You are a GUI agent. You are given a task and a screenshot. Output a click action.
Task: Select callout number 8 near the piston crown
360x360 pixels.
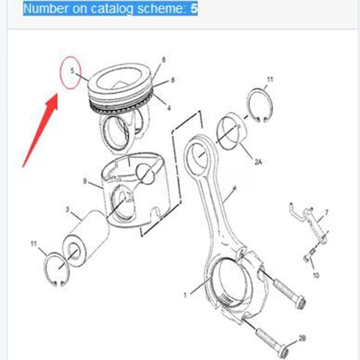pos(164,60)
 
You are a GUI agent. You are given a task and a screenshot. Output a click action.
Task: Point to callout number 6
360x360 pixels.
pos(173,80)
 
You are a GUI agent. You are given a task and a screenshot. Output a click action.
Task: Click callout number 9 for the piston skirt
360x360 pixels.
pos(85,181)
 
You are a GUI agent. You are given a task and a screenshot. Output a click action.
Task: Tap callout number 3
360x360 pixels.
pos(67,209)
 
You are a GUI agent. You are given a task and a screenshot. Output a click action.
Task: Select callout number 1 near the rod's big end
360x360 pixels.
pos(186,295)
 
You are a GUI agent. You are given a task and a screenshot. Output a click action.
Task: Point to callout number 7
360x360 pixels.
pos(326,212)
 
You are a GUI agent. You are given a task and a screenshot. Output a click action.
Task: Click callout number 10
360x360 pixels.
pos(316,276)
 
